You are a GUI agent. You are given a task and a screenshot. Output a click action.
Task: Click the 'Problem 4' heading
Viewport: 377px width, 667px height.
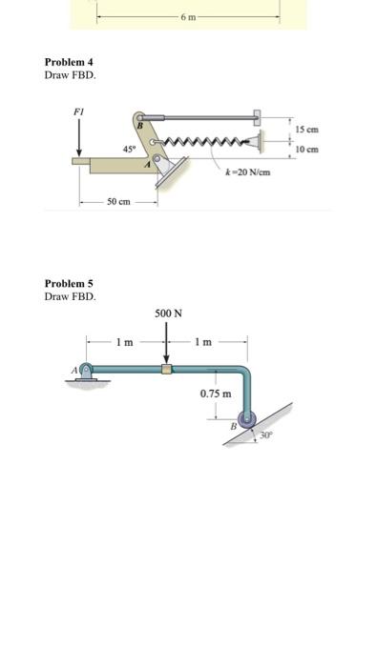point(69,63)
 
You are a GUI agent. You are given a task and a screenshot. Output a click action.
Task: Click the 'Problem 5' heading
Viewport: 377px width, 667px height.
point(69,284)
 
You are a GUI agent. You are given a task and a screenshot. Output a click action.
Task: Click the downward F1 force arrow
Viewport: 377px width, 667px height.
point(79,139)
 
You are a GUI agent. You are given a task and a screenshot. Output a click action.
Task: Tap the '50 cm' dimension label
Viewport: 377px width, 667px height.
point(118,202)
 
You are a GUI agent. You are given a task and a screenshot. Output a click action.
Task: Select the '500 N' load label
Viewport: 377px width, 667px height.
point(167,313)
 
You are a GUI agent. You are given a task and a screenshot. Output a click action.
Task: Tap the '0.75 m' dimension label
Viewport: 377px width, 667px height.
point(215,394)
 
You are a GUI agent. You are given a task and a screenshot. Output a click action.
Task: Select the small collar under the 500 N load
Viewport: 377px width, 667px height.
point(167,369)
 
